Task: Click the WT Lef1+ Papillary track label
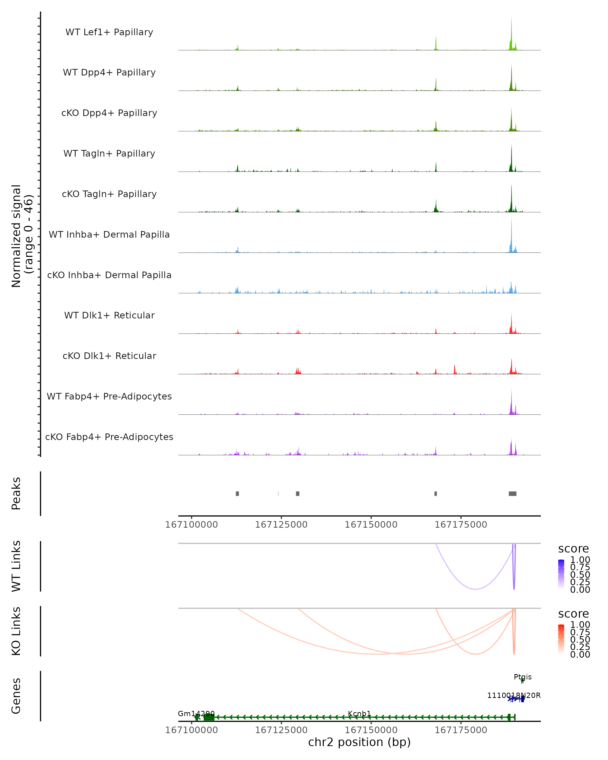pos(109,32)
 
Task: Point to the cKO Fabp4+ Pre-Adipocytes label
pos(109,437)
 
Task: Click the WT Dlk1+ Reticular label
pos(109,315)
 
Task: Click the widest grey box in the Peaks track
pos(512,493)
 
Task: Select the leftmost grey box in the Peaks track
pos(237,493)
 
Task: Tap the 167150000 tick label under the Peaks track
pos(371,525)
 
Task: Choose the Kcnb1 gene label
pos(359,714)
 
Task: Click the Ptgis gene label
pos(522,677)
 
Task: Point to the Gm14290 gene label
pos(196,714)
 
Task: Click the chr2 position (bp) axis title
pos(359,742)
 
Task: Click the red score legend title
pos(574,614)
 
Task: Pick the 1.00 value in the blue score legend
pos(580,560)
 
